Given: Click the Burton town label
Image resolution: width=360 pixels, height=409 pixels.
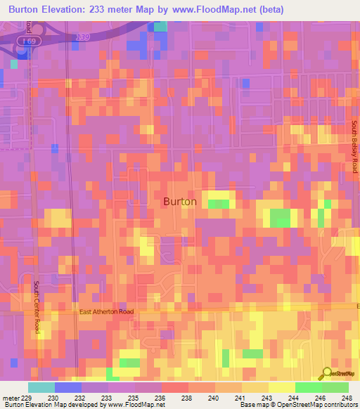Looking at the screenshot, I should [x=180, y=201].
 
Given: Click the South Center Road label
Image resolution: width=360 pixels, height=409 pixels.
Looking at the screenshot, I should [x=37, y=308].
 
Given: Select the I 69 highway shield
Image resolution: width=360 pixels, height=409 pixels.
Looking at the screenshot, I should [x=28, y=43].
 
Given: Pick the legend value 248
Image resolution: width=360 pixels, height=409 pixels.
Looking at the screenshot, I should [x=347, y=397].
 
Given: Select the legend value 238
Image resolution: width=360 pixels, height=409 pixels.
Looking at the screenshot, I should [x=188, y=397].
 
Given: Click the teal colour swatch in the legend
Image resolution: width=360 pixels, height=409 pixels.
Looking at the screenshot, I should [x=41, y=387].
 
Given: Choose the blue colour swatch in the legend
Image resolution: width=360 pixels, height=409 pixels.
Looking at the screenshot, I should [x=68, y=387].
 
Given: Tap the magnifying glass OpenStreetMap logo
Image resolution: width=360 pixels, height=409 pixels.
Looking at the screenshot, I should [x=326, y=375].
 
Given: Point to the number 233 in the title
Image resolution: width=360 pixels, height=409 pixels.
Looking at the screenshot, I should [x=119, y=10].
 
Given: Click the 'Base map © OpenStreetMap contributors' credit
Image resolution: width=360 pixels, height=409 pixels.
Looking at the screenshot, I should [x=297, y=405].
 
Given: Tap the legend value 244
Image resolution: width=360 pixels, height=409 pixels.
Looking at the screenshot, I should [x=294, y=397].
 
